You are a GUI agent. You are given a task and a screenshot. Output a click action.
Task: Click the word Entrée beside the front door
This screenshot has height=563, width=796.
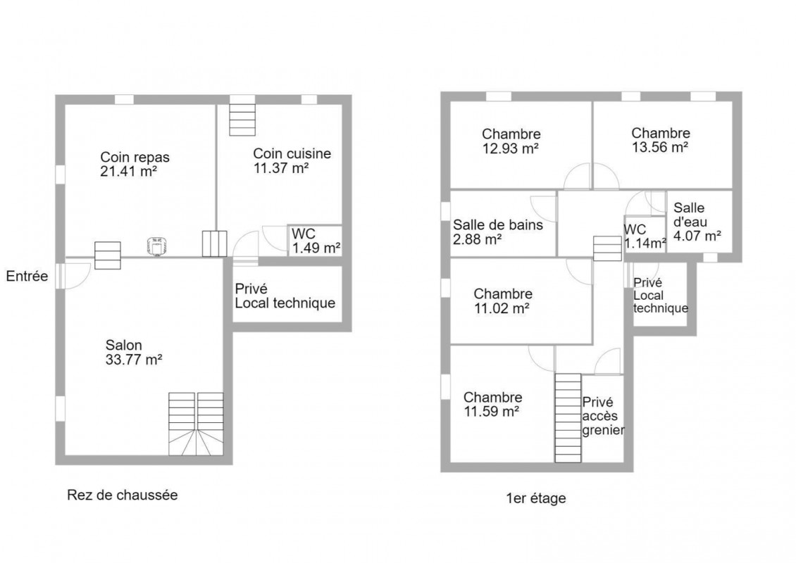tap(27, 276)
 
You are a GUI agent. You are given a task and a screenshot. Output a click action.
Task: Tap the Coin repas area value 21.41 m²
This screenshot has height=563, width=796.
tap(128, 172)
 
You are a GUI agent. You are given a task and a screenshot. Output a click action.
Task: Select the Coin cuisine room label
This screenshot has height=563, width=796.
tap(292, 160)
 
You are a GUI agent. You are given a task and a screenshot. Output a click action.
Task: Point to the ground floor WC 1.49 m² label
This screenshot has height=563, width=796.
tap(316, 241)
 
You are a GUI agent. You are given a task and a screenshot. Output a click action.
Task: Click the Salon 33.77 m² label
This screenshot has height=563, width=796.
tap(134, 353)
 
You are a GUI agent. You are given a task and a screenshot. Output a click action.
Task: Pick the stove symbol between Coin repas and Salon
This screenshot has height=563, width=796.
tap(156, 246)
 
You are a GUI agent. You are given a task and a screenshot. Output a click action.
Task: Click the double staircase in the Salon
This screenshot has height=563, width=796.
tap(196, 424)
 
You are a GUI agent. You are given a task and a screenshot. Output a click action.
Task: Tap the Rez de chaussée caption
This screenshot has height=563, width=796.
tap(123, 495)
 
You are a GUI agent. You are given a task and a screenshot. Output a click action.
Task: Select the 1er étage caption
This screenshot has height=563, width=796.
tap(536, 498)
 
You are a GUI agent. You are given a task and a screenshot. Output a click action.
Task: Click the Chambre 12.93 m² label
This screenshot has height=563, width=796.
tap(511, 141)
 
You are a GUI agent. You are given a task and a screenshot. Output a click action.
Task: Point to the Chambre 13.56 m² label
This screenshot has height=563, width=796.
tap(661, 140)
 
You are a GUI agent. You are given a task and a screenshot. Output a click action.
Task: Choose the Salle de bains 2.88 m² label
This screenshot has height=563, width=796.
tap(497, 232)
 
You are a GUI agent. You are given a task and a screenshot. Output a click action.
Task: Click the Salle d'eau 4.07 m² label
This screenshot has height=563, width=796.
tap(697, 222)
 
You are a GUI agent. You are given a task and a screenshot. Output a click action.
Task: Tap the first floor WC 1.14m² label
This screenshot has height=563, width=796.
tap(645, 236)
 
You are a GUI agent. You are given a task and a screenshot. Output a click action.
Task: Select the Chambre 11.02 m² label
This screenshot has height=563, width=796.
tap(502, 301)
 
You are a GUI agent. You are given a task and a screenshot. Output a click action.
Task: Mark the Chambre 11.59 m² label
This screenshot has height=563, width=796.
tap(492, 404)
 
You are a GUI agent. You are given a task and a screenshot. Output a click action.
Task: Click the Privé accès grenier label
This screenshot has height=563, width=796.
tap(603, 416)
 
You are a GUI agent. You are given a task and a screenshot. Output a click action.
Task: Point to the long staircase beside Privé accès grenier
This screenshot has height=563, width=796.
tap(568, 418)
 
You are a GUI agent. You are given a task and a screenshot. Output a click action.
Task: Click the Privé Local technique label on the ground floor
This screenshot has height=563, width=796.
tap(285, 296)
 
